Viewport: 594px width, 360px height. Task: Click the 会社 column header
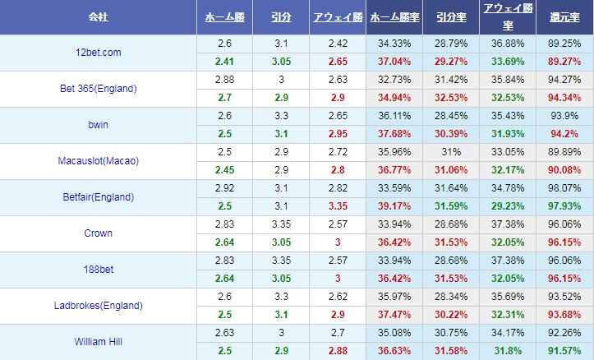(x=98, y=17)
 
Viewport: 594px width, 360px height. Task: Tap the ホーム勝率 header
(x=393, y=17)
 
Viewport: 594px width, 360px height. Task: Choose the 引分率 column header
(x=450, y=17)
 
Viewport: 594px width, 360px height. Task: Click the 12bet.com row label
(x=98, y=53)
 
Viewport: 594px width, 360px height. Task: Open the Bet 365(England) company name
(x=98, y=89)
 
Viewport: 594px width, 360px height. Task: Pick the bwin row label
(x=98, y=125)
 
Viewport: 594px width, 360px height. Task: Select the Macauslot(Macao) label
(x=98, y=161)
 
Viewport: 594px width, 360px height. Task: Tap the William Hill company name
(x=98, y=342)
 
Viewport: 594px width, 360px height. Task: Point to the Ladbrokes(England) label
(x=98, y=306)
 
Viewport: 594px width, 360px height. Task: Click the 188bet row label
(x=98, y=270)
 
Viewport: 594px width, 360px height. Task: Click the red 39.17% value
(x=393, y=205)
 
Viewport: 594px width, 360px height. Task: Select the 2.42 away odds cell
(x=337, y=44)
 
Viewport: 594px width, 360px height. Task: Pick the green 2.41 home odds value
(x=224, y=61)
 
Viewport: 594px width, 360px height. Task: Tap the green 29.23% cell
(x=507, y=205)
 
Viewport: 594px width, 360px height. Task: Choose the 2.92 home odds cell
(x=224, y=188)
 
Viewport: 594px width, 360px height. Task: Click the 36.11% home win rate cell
(x=393, y=116)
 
